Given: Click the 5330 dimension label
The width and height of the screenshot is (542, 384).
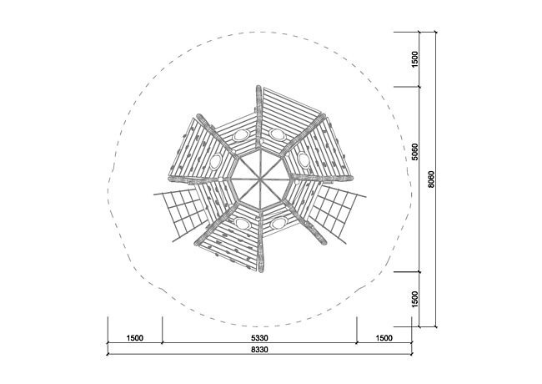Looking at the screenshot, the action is tap(259, 337).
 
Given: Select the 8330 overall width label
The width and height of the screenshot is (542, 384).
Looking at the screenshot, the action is tap(259, 350).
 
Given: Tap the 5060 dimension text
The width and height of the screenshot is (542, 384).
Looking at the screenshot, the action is tap(414, 152).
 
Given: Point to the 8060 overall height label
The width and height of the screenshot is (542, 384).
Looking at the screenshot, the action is tap(431, 179).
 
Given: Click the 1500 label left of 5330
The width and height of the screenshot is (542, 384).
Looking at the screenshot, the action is tap(135, 337).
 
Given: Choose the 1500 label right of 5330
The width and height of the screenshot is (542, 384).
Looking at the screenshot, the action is tap(384, 337).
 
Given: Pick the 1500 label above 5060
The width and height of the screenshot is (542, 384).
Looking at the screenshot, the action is tap(414, 59).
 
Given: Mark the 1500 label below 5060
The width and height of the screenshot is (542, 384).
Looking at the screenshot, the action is tap(414, 299).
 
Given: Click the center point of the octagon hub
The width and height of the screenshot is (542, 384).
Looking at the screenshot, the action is tap(260, 179).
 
